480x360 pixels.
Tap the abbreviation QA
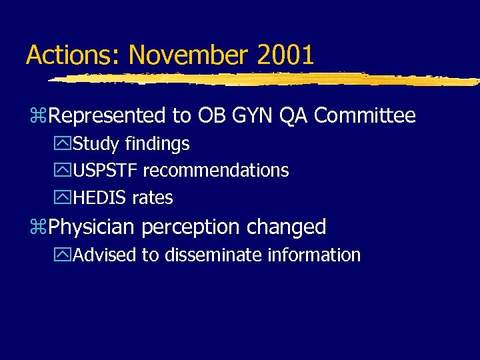coord(294,116)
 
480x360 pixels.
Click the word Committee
coord(365,116)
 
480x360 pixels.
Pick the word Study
coord(93,144)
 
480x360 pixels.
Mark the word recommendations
coord(215,171)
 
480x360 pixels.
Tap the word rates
coord(152,198)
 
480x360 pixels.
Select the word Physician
coord(91,227)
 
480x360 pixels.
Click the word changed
coord(287,227)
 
